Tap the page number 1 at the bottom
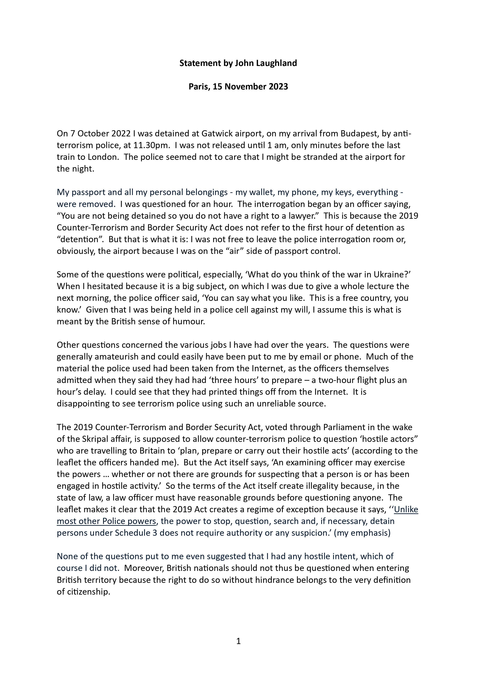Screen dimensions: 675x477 238,641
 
